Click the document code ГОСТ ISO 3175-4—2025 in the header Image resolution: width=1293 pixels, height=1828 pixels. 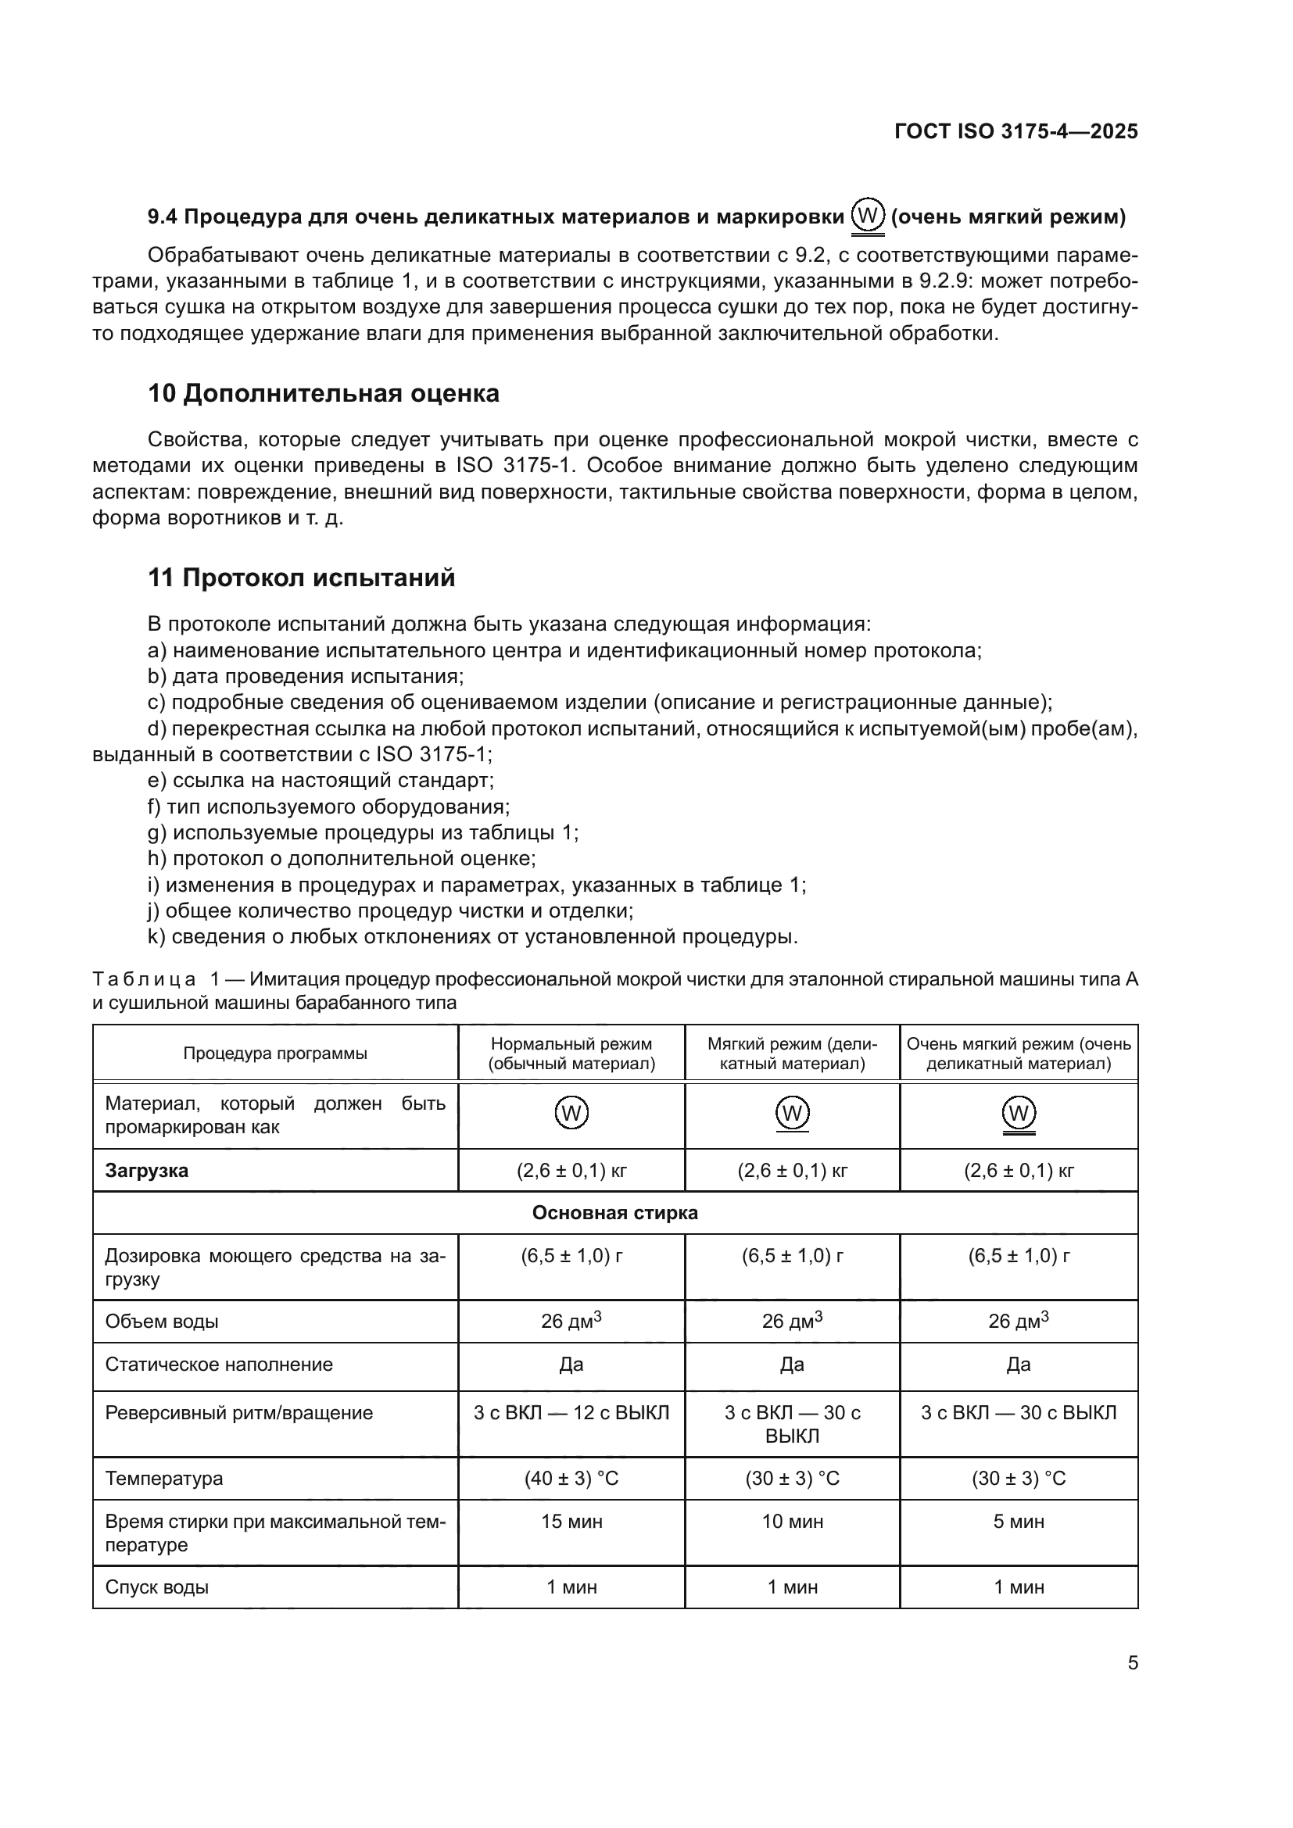click(x=1016, y=131)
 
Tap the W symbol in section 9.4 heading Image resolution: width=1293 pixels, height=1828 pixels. click(x=867, y=215)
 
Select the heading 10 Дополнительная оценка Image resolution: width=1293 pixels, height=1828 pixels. click(x=324, y=393)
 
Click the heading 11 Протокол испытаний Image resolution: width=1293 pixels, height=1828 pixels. click(x=301, y=578)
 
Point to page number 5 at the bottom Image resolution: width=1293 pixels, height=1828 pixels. click(x=1132, y=1663)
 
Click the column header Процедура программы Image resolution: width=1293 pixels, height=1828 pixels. click(x=274, y=1054)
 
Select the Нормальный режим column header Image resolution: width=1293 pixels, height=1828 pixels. click(x=571, y=1054)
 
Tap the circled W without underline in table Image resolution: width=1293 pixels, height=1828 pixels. click(x=571, y=1112)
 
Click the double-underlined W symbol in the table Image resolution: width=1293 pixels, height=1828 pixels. click(x=1019, y=1113)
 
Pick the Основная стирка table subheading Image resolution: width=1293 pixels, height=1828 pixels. click(x=614, y=1213)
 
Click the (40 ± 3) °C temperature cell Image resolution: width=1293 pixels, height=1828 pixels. click(x=571, y=1479)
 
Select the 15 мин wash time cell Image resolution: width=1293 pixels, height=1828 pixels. click(x=571, y=1522)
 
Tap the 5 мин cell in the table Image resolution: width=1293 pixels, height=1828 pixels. click(x=1019, y=1522)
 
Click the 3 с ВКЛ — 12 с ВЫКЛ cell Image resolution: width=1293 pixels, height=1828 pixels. click(x=571, y=1412)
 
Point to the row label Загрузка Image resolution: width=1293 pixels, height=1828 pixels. click(x=146, y=1171)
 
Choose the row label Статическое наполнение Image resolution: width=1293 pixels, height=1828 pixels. click(x=219, y=1364)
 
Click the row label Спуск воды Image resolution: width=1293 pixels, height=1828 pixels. click(x=157, y=1587)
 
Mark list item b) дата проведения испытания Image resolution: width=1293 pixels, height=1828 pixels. click(x=306, y=676)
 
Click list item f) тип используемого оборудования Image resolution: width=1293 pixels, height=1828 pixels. click(x=328, y=807)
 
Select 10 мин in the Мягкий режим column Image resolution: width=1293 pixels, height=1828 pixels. click(x=791, y=1522)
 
